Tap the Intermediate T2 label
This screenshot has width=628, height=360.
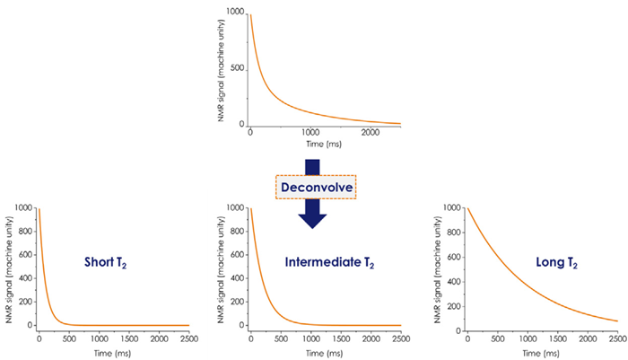[329, 263]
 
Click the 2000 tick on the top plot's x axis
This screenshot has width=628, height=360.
[367, 134]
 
